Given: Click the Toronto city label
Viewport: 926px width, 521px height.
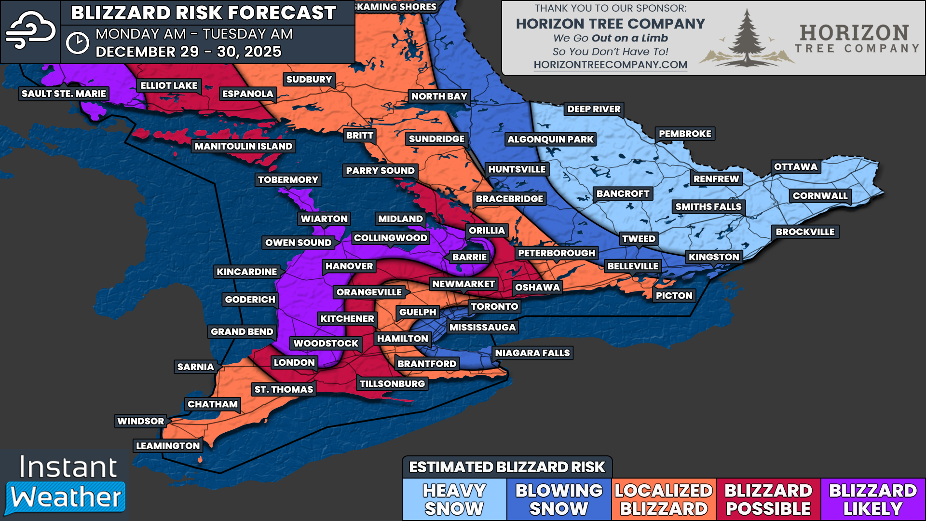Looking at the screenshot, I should (x=494, y=306).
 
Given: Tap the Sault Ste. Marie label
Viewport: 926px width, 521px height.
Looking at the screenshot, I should (x=64, y=94).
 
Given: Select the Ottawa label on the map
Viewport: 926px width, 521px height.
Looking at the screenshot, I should (x=795, y=167).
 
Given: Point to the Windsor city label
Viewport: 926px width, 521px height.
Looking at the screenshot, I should (x=140, y=421).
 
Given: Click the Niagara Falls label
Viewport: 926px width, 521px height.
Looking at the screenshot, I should (x=532, y=353).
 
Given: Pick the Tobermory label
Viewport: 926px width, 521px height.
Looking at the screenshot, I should (x=288, y=180).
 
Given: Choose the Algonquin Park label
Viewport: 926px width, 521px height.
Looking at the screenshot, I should (x=550, y=139).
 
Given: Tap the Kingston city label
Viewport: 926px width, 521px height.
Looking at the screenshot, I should (x=713, y=257).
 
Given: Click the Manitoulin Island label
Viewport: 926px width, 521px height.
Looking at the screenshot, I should (x=243, y=146).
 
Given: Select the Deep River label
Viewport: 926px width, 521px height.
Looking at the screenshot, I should (x=594, y=109).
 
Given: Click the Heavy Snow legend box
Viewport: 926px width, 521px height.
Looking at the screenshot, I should (x=454, y=499).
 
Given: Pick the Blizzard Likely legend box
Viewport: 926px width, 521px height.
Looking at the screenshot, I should (x=872, y=499).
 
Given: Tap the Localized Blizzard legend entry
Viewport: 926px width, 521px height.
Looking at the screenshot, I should (x=664, y=499).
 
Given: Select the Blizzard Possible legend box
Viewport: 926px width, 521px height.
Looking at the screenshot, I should (x=768, y=499).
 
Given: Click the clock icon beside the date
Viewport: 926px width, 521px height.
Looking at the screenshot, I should (x=77, y=43).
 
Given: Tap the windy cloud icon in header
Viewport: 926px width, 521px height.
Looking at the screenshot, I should (x=30, y=30).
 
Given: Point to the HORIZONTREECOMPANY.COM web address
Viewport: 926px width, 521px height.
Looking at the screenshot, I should (x=610, y=65).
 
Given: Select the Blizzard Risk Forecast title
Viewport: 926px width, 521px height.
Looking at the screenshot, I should (x=203, y=13).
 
